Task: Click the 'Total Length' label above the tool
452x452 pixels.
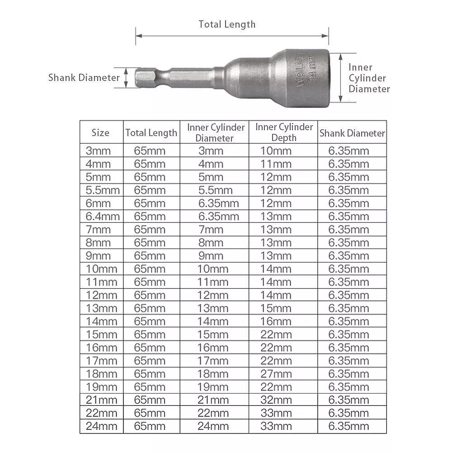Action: click(x=227, y=24)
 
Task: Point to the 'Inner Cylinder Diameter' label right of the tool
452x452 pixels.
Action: click(x=369, y=78)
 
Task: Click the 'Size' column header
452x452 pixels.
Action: click(x=100, y=133)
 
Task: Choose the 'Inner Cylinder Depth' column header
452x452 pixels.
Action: click(x=284, y=132)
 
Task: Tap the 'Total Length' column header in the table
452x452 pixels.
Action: click(x=151, y=133)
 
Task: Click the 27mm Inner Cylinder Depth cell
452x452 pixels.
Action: click(x=276, y=374)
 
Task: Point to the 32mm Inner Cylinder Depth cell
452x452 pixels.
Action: click(x=276, y=400)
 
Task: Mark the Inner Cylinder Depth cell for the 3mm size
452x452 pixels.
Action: click(x=276, y=151)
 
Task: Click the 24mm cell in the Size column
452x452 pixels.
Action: click(x=101, y=426)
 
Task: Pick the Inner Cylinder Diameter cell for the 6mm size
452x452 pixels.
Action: click(x=219, y=203)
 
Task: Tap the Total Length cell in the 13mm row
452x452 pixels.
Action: click(x=150, y=308)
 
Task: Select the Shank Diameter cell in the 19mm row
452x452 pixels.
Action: click(x=348, y=387)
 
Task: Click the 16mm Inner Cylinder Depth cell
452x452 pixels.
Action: click(x=276, y=321)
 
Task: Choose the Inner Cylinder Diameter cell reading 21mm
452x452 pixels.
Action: click(x=213, y=400)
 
